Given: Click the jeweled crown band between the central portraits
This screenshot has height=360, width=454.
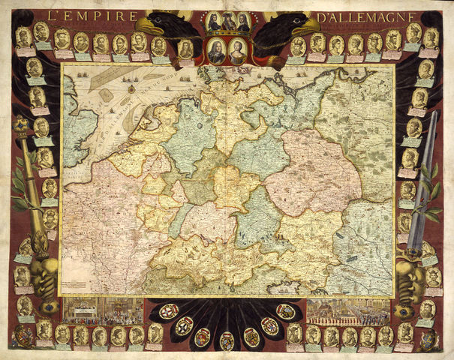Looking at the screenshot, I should pyautogui.click(x=227, y=37).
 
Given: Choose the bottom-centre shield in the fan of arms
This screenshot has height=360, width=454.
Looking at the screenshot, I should pyautogui.click(x=227, y=339).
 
